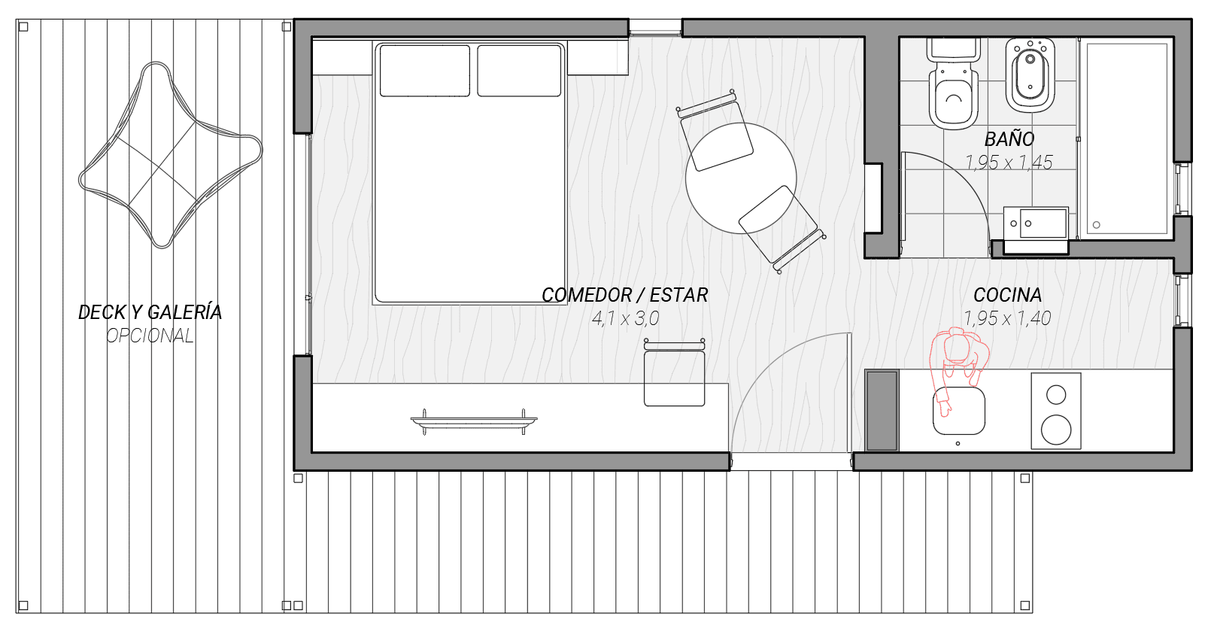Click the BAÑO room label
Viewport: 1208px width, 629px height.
click(1009, 139)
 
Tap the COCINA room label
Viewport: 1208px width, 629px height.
click(1007, 295)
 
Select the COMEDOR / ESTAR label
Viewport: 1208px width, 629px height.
click(624, 295)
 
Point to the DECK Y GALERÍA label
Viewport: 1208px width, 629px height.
click(150, 312)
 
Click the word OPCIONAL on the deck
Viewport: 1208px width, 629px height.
click(150, 336)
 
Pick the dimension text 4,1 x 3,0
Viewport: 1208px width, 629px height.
click(625, 319)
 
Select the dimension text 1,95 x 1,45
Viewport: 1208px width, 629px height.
click(1009, 163)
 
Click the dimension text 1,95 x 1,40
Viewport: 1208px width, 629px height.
click(1007, 318)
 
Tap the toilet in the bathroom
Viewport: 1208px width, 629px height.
click(954, 84)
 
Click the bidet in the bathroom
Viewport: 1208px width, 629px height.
click(1030, 75)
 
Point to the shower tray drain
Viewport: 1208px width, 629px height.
click(1097, 225)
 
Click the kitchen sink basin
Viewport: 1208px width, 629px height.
click(959, 411)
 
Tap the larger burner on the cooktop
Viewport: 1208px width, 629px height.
click(1056, 430)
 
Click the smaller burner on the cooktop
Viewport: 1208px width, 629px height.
click(1056, 395)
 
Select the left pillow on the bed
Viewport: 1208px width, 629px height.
click(425, 71)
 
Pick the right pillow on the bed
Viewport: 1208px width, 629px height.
click(519, 71)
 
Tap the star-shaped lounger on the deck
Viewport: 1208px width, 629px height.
click(171, 155)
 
